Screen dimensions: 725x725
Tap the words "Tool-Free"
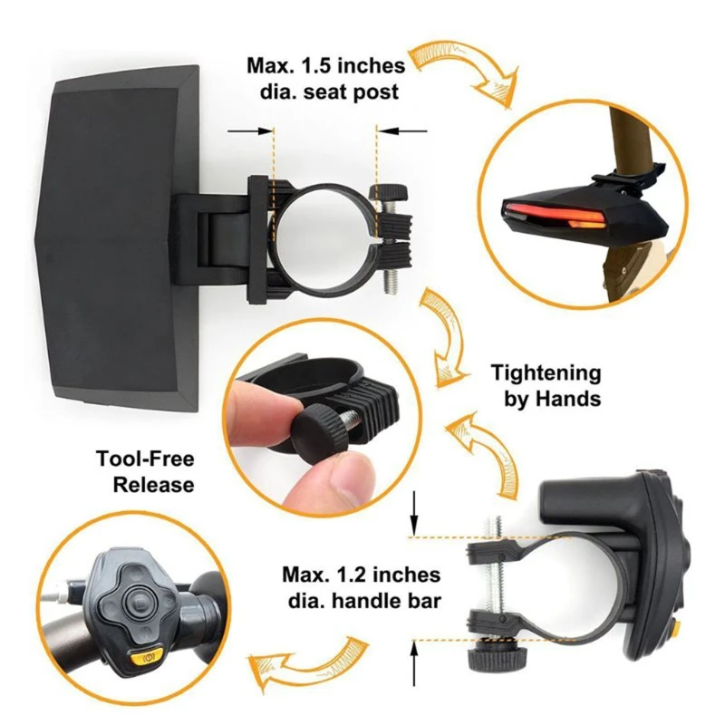[145, 459]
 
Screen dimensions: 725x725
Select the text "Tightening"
[546, 372]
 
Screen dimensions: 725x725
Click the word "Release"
[154, 484]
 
